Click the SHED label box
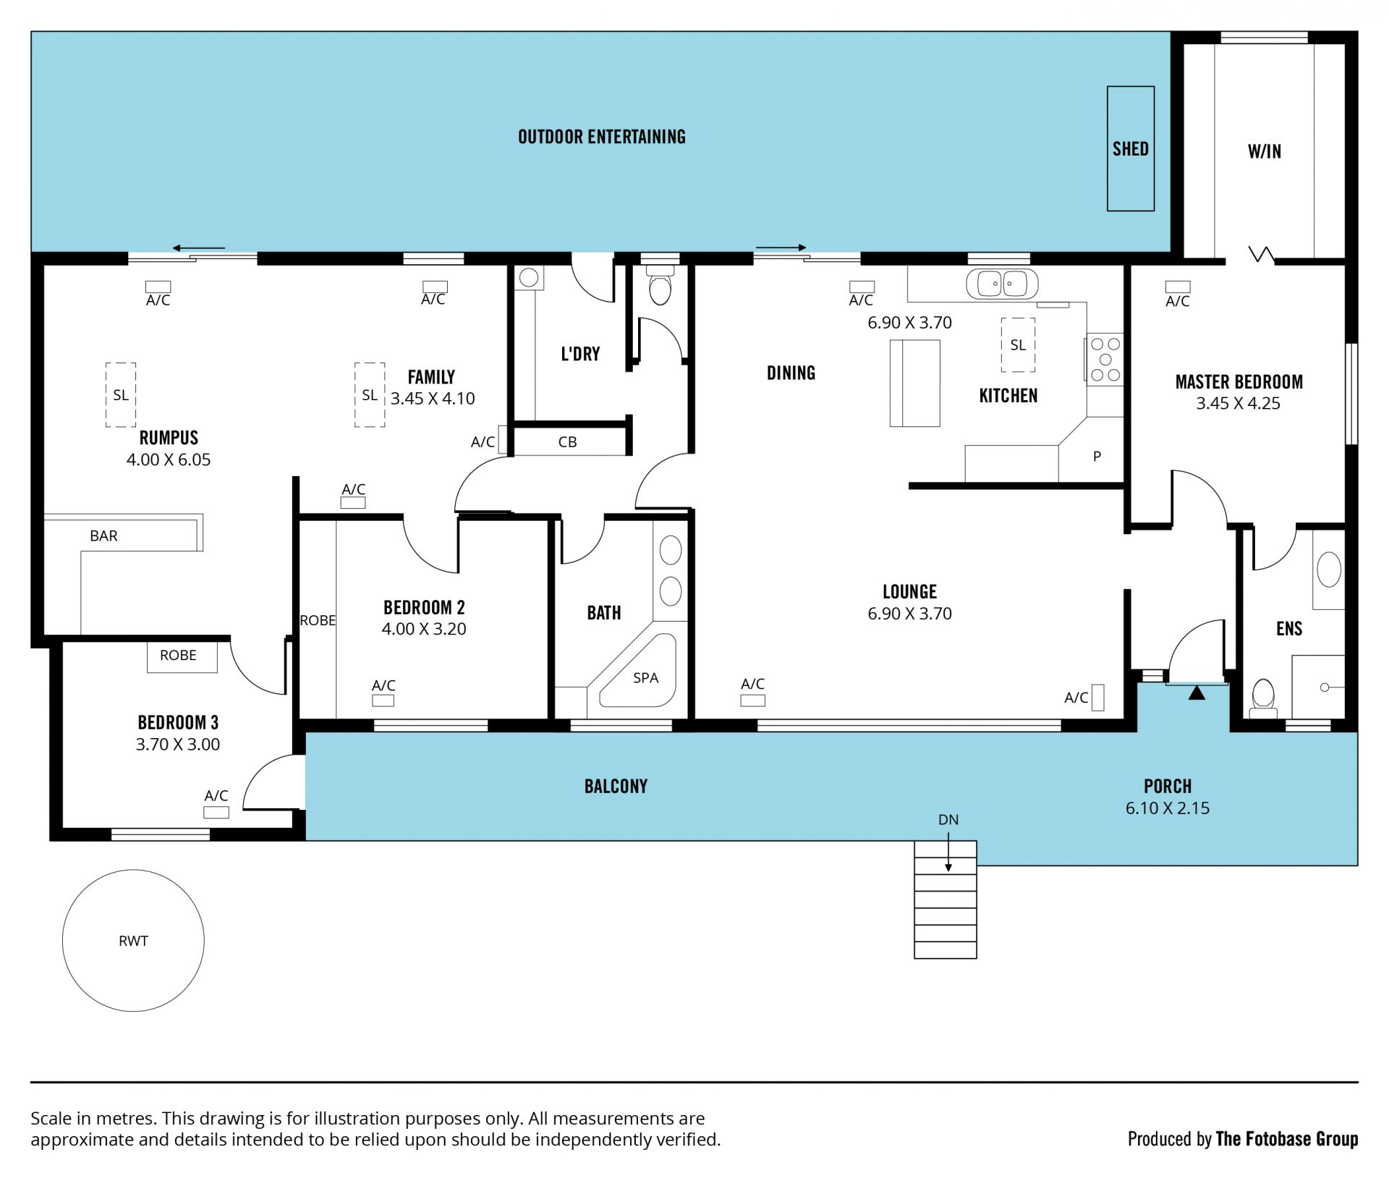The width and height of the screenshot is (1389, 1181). (x=1130, y=148)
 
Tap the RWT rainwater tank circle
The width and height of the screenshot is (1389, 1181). (x=133, y=870)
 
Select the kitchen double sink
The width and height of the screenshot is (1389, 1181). (x=1001, y=283)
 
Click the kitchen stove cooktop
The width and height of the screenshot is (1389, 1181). (x=1105, y=359)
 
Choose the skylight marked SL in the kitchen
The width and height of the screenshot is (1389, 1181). (x=1018, y=344)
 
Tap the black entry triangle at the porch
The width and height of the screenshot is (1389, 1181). (x=1197, y=693)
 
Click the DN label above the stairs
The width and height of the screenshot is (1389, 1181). (x=948, y=820)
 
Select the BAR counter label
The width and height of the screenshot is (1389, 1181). (x=103, y=536)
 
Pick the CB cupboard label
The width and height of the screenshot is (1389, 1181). (x=568, y=442)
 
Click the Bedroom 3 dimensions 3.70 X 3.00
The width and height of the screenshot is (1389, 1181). (x=178, y=744)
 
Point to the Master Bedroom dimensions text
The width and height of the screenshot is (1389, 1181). (x=1238, y=403)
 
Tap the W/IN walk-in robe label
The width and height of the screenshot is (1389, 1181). (x=1265, y=151)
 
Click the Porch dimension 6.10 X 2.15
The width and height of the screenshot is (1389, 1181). (x=1168, y=808)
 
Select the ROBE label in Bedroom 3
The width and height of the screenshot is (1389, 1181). (x=178, y=655)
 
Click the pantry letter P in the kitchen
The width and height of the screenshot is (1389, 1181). (x=1097, y=457)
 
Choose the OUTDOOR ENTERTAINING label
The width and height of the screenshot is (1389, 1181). (x=602, y=137)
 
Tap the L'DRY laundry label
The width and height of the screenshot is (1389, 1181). (x=580, y=354)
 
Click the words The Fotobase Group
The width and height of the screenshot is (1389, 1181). (x=1287, y=1139)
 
